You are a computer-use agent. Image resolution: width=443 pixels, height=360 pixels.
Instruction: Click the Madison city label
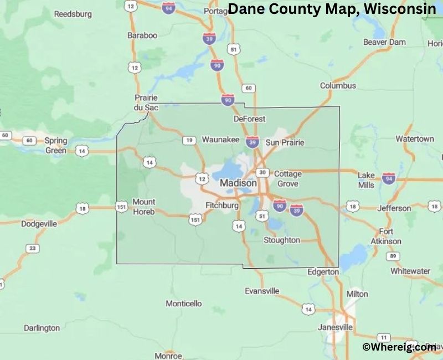(238, 183)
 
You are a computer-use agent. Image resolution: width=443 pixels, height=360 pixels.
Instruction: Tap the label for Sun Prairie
(285, 142)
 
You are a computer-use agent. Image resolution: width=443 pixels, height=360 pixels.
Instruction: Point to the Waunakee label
(220, 140)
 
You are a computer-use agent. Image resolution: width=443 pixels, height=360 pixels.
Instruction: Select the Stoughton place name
(281, 240)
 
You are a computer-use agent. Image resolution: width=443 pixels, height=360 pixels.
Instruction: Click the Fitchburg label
(221, 205)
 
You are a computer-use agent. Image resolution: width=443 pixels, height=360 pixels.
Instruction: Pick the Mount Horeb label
(144, 207)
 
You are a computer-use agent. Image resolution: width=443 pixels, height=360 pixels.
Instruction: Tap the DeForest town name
(250, 119)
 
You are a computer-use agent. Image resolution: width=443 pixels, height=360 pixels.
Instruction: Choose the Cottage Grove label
(288, 178)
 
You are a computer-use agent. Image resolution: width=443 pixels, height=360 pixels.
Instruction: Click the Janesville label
(335, 327)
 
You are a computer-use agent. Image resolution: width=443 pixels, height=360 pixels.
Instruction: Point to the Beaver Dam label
(384, 42)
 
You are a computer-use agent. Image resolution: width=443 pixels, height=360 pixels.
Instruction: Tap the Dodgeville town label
(39, 224)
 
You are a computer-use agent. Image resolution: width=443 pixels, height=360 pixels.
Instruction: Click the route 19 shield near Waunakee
(189, 141)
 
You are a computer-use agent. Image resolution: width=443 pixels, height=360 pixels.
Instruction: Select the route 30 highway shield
(263, 172)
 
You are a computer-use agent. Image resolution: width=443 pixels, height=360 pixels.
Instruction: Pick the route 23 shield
(33, 249)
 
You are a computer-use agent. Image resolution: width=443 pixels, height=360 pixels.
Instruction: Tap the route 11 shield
(382, 337)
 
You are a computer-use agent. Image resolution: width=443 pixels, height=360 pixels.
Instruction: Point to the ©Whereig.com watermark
(399, 347)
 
